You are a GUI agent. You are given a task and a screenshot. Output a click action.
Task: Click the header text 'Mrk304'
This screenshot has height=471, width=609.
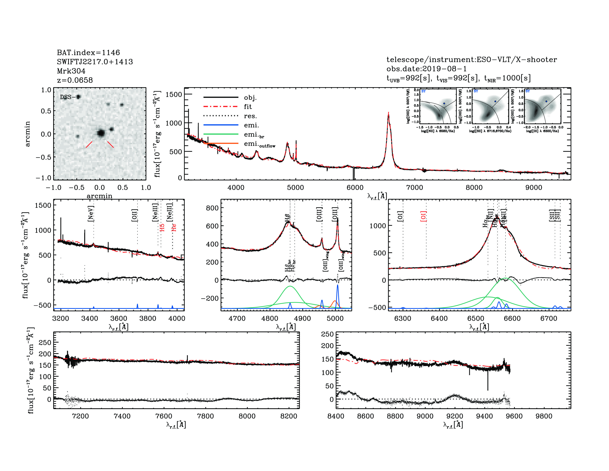point(71,71)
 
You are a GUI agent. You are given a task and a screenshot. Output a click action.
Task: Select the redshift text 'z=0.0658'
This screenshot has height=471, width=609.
point(75,80)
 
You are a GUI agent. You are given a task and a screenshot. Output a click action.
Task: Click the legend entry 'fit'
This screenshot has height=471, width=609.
point(248,107)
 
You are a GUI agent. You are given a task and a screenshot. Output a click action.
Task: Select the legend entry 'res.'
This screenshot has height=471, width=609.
point(250,116)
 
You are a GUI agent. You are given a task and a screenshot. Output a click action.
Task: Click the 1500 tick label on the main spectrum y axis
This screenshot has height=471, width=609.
point(174,95)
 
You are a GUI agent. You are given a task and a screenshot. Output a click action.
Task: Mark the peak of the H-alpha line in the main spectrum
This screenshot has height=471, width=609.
point(388,113)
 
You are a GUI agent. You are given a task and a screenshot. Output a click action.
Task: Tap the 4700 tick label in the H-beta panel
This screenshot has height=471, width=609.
point(237,318)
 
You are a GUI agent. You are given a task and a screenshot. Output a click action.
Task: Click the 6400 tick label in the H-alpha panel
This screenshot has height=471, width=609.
point(439,318)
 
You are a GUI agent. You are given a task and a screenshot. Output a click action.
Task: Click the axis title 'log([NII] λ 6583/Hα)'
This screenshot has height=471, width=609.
point(438,131)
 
